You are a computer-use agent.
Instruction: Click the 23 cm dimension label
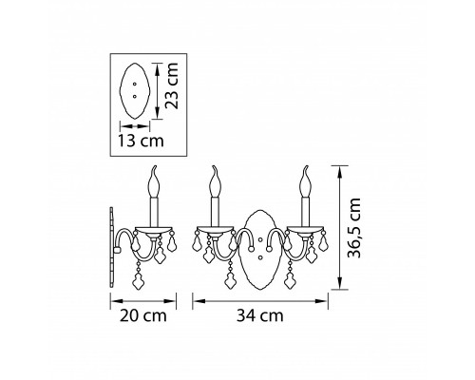172,85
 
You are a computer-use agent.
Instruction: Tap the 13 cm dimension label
141,141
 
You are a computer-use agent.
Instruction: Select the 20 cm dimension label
143,315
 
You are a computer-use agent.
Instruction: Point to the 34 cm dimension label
260,315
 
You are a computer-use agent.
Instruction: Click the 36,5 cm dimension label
354,228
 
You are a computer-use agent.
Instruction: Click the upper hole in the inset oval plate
135,84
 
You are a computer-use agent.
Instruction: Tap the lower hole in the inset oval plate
135,96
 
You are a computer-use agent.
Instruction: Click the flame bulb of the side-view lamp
154,181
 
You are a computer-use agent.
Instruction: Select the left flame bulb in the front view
215,181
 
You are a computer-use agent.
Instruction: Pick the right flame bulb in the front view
305,181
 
